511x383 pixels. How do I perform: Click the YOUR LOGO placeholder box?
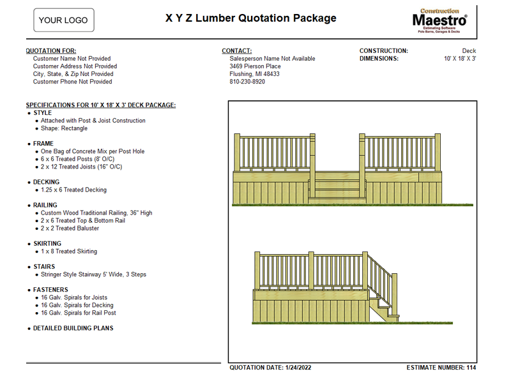coord(63,20)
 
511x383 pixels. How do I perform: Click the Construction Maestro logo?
coord(439,20)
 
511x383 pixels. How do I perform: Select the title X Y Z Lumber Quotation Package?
coord(250,18)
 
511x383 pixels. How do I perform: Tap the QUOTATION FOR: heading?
coord(51,51)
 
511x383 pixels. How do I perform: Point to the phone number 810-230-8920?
coord(247,82)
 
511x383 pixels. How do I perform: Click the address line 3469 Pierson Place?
coord(255,66)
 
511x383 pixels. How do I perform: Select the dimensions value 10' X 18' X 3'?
coord(460,59)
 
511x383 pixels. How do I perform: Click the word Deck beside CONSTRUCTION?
coord(469,51)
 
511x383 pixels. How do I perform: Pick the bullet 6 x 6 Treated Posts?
coord(77,159)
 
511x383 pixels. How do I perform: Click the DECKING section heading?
coord(46,182)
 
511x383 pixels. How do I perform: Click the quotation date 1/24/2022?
coord(298,368)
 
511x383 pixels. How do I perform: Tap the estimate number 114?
coord(471,368)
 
